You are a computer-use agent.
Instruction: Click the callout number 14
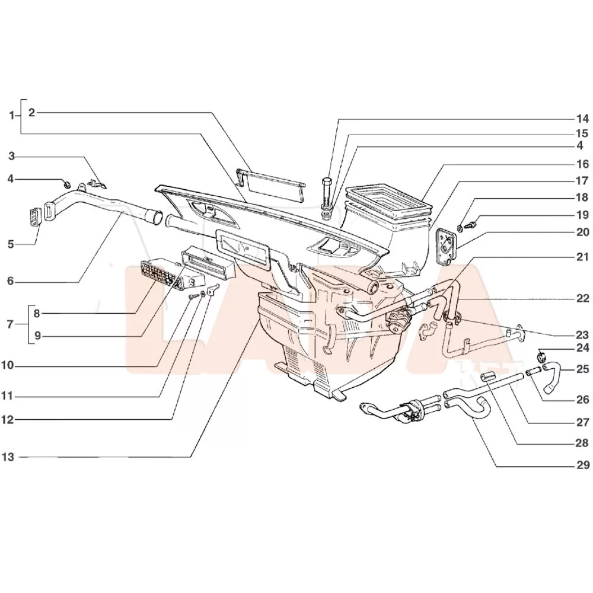[x=582, y=117]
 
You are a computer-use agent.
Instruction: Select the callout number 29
[x=582, y=464]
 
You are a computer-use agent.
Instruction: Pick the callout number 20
[x=582, y=232]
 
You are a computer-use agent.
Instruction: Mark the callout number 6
[x=11, y=281]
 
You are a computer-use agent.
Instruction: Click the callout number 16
[x=582, y=164]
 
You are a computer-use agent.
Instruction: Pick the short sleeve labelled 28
[x=489, y=377]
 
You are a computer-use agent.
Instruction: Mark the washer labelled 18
[x=461, y=228]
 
